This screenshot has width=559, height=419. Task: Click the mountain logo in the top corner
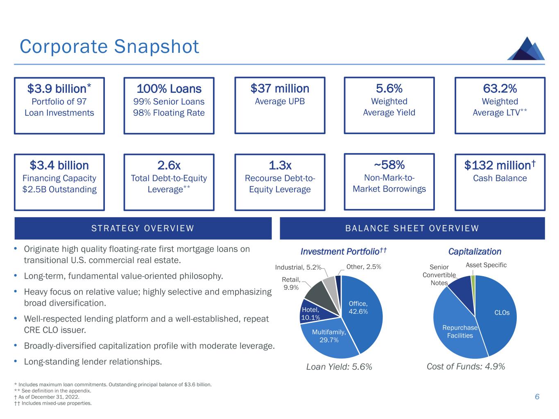click(x=526, y=49)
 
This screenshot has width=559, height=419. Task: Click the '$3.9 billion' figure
click(x=59, y=89)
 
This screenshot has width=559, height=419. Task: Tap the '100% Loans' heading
click(x=169, y=89)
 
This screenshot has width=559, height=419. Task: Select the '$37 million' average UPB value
click(x=280, y=88)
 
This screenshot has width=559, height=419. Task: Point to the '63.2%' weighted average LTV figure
click(x=500, y=88)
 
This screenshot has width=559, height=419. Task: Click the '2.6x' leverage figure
click(x=169, y=165)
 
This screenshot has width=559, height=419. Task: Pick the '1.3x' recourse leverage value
click(x=280, y=165)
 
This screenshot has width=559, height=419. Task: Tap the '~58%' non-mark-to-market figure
click(x=389, y=165)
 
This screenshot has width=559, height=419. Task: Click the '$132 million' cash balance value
click(x=500, y=165)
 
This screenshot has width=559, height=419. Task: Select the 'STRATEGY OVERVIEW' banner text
click(x=143, y=228)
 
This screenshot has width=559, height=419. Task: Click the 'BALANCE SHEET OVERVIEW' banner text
click(x=412, y=228)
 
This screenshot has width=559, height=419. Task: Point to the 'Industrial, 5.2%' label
click(x=298, y=267)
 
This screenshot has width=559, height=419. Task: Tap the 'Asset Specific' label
click(x=486, y=265)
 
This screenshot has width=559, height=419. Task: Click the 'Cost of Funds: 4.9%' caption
click(x=466, y=367)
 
